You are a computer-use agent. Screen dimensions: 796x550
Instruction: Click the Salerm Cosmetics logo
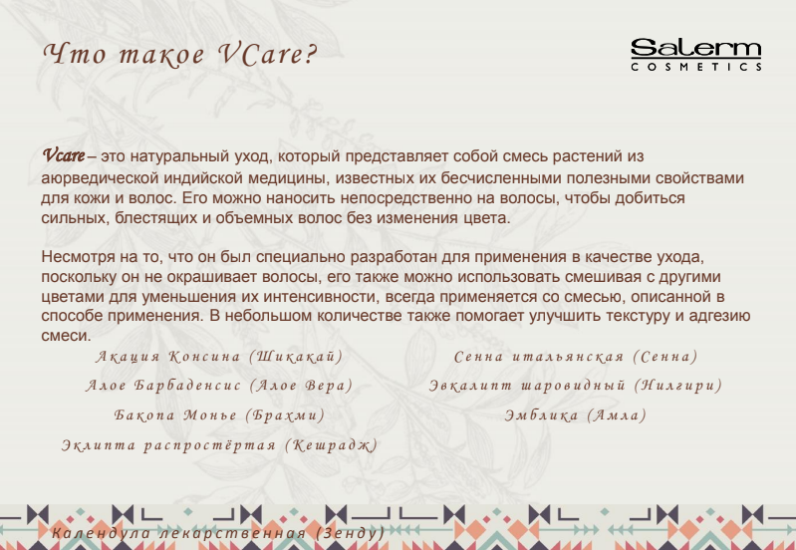pos(696,55)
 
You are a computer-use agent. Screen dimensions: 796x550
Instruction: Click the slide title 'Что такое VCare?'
pos(180,54)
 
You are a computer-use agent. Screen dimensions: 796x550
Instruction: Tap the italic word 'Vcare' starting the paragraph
pos(64,155)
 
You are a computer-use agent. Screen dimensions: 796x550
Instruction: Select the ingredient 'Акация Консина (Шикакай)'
pos(219,357)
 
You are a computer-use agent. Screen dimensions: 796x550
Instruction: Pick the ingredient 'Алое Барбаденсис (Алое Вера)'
pos(219,386)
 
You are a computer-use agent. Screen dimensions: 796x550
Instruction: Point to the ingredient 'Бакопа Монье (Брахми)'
pos(219,415)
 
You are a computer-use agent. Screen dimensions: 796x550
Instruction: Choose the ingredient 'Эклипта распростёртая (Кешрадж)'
pos(220,446)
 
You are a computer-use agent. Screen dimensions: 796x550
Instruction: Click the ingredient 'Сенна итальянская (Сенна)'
pos(576,357)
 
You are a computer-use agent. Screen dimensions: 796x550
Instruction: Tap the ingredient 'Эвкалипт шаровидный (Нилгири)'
pos(575,386)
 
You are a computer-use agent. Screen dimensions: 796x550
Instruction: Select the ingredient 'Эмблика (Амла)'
pos(575,415)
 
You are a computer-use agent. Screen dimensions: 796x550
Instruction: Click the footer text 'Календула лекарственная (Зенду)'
pos(218,533)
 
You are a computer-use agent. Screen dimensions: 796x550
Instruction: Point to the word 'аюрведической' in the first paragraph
pos(101,178)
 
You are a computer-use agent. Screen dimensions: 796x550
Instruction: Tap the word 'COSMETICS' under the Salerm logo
pos(696,67)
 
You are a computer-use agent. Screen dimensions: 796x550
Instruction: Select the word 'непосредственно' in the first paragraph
pos(406,198)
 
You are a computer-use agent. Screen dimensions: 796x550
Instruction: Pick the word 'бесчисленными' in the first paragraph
pos(501,178)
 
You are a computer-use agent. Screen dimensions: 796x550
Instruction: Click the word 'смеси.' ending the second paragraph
pos(66,336)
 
